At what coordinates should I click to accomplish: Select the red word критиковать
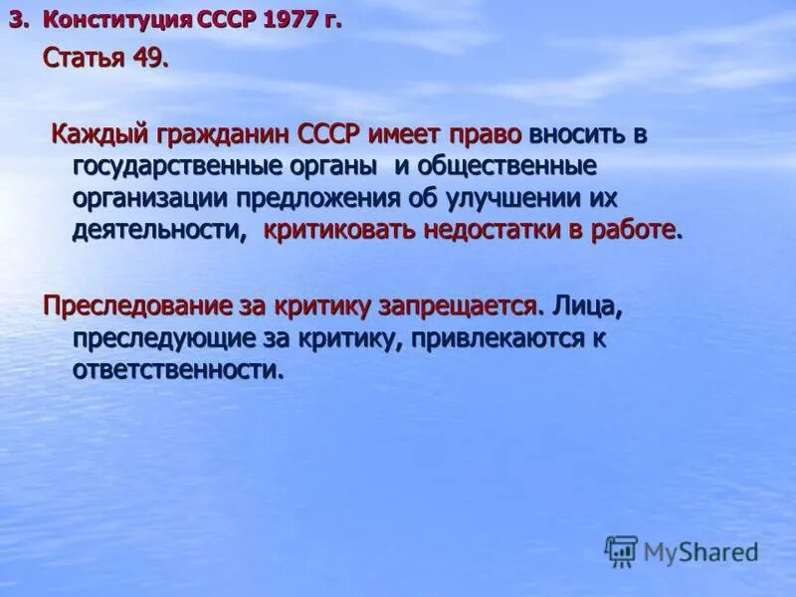coord(340,231)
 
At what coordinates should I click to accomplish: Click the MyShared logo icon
coord(621,550)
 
